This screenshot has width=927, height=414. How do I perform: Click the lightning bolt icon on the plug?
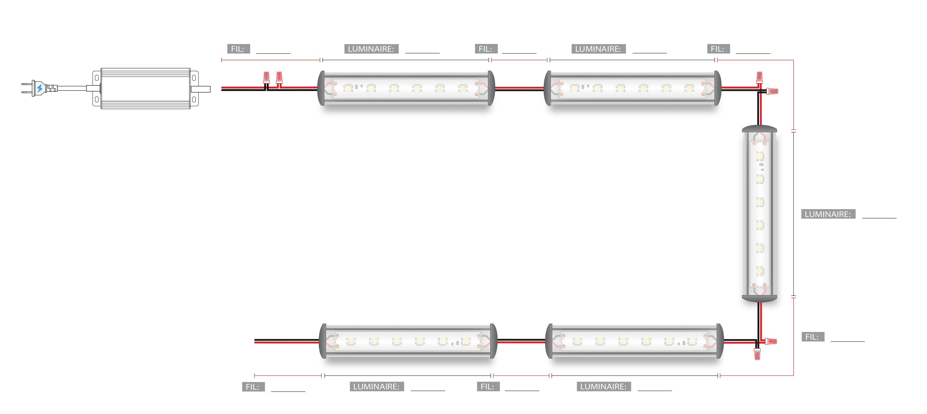40,88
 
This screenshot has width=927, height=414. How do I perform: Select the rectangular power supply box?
145,88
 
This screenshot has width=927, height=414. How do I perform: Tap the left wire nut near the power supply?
266,77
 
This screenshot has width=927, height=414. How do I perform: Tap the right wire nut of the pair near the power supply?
279,77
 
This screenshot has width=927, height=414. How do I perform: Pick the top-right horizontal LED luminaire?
632,88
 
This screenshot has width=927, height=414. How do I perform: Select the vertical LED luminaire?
759,213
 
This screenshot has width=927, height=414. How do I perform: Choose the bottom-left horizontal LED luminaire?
408,341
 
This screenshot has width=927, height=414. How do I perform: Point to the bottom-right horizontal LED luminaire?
634,341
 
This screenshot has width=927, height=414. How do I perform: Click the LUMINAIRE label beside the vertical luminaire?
828,214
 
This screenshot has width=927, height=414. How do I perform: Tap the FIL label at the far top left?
238,49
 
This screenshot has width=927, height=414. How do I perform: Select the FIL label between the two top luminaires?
485,49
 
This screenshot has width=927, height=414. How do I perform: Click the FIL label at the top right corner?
717,49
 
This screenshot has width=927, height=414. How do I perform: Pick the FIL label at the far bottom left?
253,387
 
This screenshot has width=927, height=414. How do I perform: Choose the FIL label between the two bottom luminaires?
488,387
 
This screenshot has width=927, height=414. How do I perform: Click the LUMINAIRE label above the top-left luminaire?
371,49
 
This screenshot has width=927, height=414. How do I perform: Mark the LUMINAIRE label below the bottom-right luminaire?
603,387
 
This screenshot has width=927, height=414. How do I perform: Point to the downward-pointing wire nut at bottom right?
757,354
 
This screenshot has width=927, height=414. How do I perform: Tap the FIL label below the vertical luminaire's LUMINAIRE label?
812,337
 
